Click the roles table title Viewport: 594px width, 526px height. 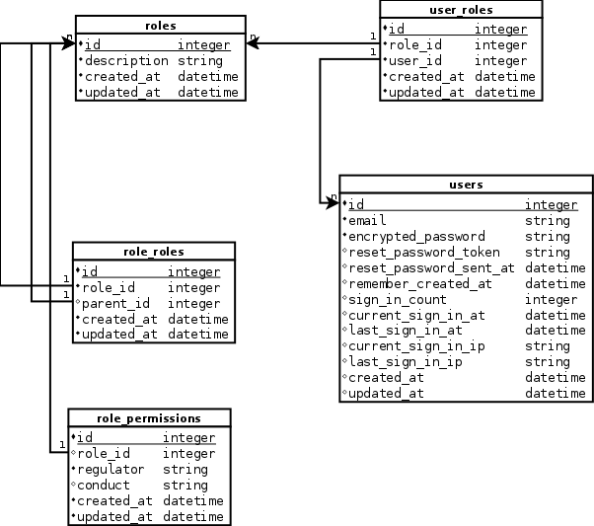point(160,24)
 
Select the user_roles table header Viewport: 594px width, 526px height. point(461,10)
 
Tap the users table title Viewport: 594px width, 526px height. point(466,185)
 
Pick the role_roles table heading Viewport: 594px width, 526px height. point(154,252)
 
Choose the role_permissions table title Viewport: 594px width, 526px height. point(149,417)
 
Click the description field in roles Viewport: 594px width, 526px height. point(127,60)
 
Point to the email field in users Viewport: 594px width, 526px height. point(368,220)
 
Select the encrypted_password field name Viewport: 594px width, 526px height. point(416,236)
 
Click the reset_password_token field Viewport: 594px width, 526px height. point(424,252)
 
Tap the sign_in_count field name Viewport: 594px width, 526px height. point(398,299)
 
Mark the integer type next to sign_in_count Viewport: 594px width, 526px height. point(551,299)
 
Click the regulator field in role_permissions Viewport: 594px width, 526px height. point(111,469)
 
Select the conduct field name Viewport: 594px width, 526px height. point(103,485)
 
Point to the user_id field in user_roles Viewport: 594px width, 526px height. point(415,60)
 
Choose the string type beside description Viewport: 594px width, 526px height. point(200,60)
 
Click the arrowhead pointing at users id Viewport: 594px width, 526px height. point(334,202)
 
